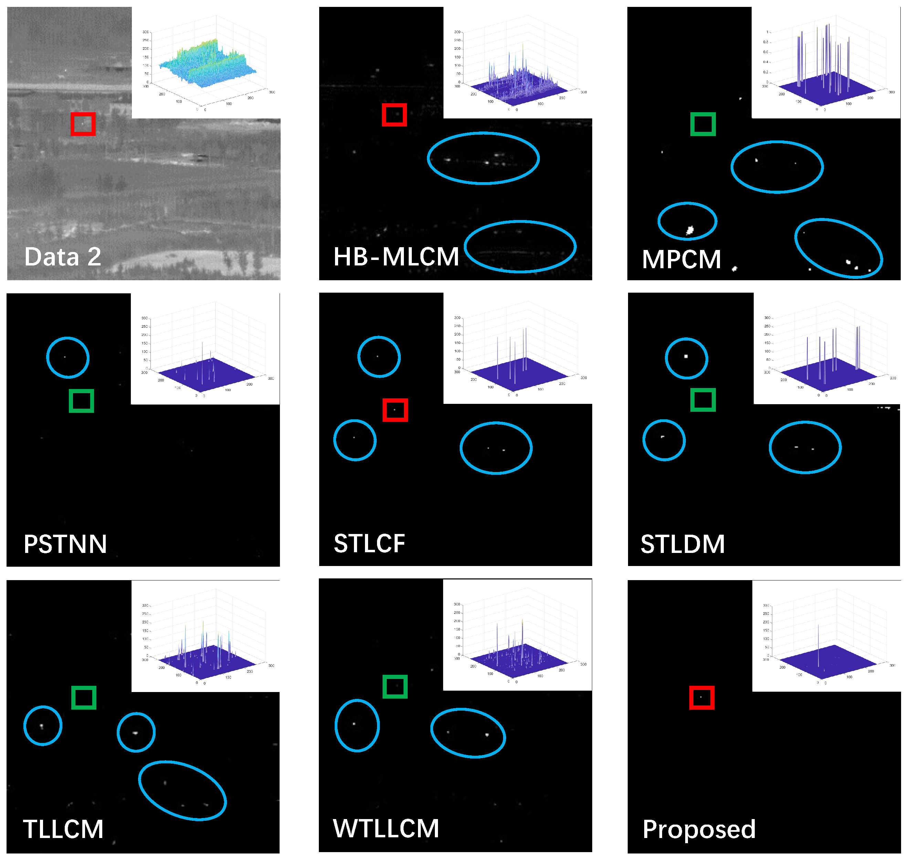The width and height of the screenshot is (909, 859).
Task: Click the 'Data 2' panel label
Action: click(x=63, y=256)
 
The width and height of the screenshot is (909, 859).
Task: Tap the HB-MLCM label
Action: click(x=396, y=256)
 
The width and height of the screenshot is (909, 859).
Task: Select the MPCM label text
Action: click(x=681, y=259)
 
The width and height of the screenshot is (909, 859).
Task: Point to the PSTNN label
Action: click(x=65, y=544)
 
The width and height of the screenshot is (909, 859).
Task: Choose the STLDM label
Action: click(x=682, y=544)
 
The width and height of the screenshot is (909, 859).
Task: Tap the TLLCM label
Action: click(x=63, y=829)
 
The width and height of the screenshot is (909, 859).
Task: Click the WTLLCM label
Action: click(x=386, y=828)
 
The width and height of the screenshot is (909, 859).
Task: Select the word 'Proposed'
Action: click(x=699, y=829)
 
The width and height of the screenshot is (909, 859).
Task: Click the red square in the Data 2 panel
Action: click(x=83, y=124)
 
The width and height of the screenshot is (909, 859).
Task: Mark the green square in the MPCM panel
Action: click(x=703, y=124)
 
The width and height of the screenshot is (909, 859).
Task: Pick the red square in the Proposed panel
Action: click(x=702, y=698)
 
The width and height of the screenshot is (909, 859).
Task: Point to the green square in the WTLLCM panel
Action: click(x=395, y=687)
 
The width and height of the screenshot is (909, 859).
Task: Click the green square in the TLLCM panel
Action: click(x=84, y=698)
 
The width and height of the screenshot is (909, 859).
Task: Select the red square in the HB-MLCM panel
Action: click(x=394, y=114)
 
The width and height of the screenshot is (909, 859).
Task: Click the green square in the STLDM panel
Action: click(x=703, y=400)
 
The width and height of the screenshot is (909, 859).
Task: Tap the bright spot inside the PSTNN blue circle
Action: click(x=65, y=357)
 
